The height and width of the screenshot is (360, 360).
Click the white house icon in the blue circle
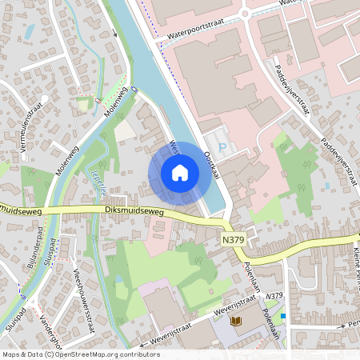tap(180, 173)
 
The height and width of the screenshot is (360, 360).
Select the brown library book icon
tap(235, 321)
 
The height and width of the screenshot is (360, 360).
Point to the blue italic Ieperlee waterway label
tap(102, 175)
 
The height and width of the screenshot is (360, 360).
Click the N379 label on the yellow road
tap(233, 239)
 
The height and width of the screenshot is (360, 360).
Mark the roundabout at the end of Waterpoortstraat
tap(245, 12)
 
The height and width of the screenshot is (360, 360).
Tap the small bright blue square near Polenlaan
tap(284, 316)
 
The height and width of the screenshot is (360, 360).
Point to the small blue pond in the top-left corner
tap(30, 31)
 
